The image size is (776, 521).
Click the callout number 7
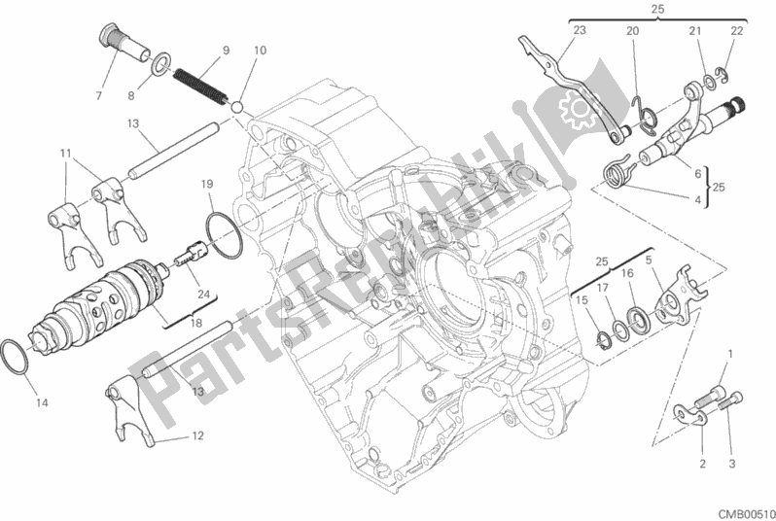click(x=99, y=95)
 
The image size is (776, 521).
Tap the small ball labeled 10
click(x=237, y=107)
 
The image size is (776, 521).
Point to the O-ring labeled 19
click(x=224, y=234)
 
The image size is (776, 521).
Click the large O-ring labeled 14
click(x=15, y=358)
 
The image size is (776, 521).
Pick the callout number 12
click(x=197, y=435)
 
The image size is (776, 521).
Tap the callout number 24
click(x=204, y=294)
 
